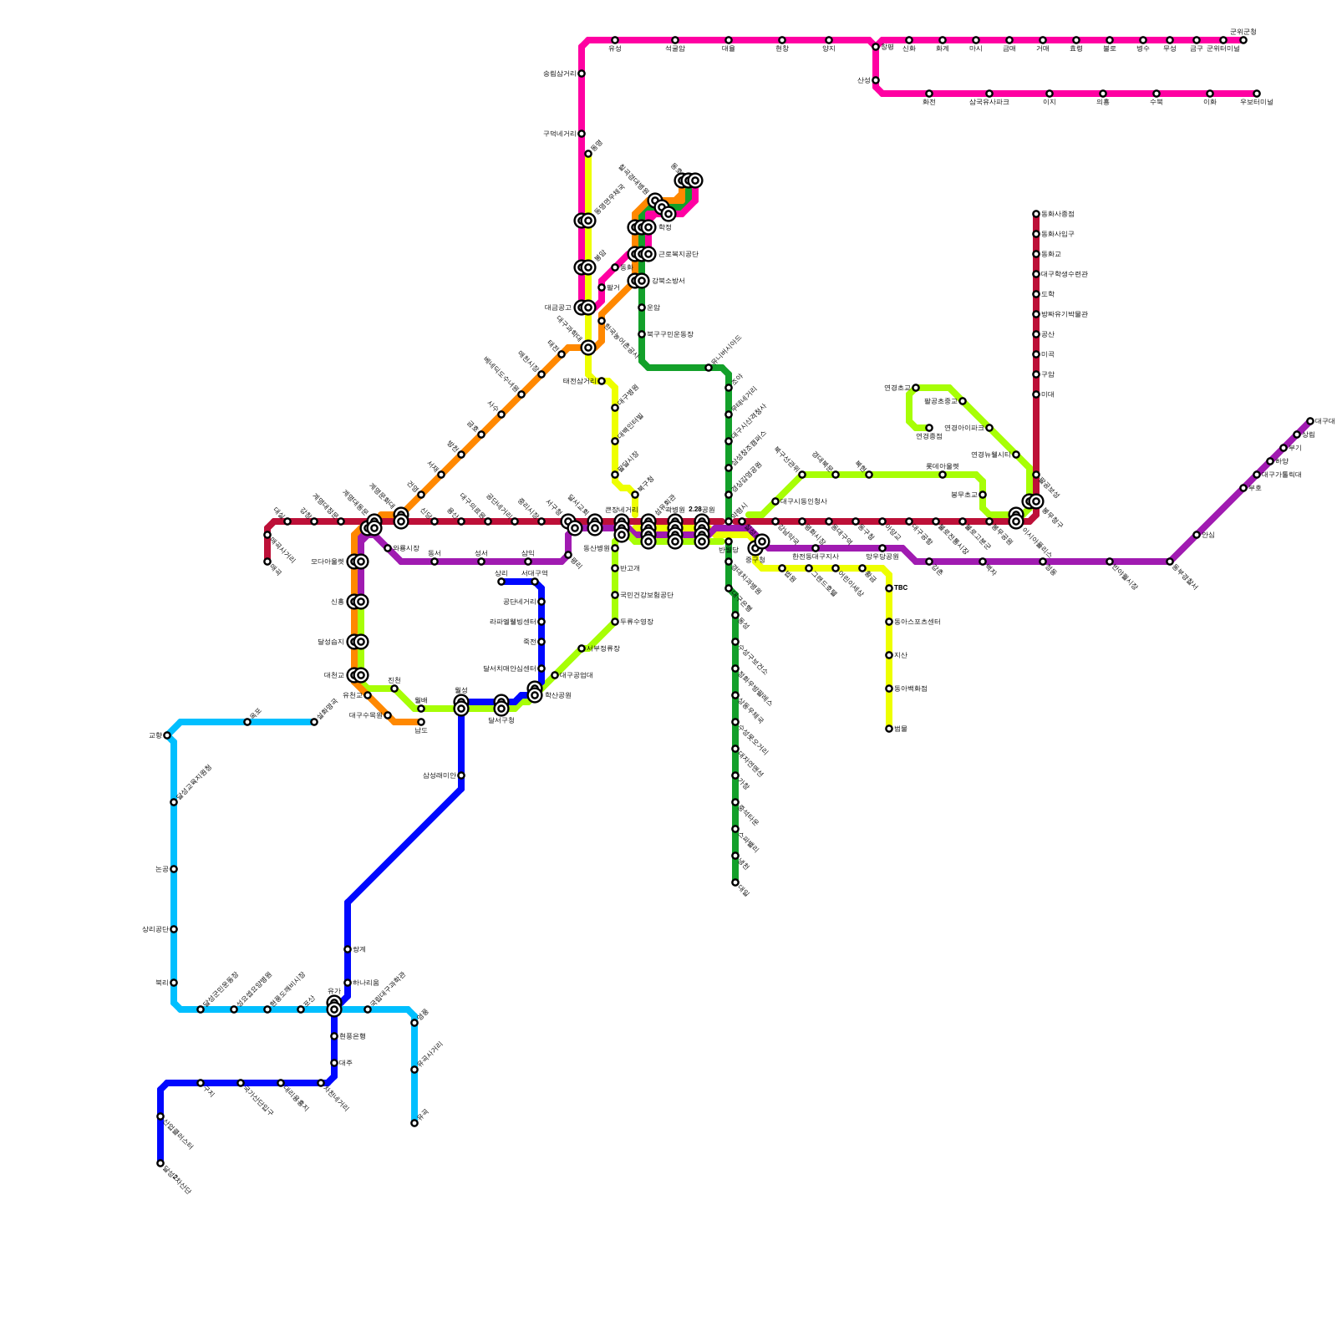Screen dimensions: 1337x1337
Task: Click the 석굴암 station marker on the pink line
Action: coord(675,40)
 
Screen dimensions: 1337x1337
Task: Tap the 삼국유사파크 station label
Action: coord(989,102)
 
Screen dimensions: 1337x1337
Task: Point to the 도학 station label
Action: coord(1048,294)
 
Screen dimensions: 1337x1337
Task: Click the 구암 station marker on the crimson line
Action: coord(1036,374)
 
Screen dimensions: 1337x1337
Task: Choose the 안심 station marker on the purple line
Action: coord(1197,535)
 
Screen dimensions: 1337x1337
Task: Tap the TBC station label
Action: coord(901,588)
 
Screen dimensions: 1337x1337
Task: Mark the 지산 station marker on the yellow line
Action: coord(889,655)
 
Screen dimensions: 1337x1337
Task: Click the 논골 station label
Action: coord(161,869)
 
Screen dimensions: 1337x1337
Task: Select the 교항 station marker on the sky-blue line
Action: coord(167,735)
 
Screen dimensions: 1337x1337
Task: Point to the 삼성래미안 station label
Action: coord(439,775)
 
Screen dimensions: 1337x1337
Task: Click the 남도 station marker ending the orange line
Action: coord(421,722)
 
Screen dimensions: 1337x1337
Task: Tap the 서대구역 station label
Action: coord(534,573)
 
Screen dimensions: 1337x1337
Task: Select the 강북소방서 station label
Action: coord(668,281)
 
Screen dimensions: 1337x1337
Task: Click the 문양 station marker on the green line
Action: coord(642,308)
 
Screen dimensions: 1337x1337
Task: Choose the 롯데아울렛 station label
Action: coord(942,466)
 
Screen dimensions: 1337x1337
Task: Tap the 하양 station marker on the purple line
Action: coord(1270,461)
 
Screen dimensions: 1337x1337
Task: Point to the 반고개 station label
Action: coord(629,568)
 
